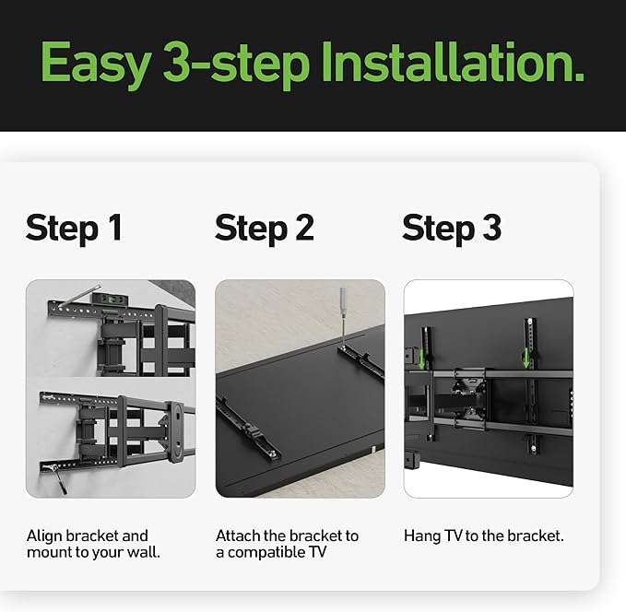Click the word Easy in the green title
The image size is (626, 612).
96,64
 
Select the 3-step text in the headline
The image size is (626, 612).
236,64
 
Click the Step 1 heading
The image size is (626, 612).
74,229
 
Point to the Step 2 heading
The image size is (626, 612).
265,229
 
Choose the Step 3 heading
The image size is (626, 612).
452,229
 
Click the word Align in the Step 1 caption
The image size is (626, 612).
44,536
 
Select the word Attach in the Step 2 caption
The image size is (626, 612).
237,535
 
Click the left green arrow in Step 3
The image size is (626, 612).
421,359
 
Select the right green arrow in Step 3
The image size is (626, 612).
526,359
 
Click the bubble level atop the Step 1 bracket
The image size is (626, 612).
107,299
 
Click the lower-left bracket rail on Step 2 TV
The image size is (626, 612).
247,430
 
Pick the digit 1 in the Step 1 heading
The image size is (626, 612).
116,227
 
